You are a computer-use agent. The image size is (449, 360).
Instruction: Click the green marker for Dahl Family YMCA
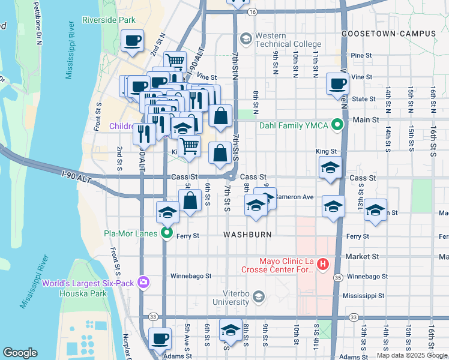pyautogui.click(x=338, y=125)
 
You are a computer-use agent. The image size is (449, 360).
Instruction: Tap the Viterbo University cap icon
pyautogui.click(x=258, y=296)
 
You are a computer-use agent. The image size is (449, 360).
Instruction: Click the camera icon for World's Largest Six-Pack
pyautogui.click(x=143, y=282)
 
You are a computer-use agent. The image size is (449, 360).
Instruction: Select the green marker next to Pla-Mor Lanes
pyautogui.click(x=167, y=233)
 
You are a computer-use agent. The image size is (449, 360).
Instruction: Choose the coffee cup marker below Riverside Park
pyautogui.click(x=132, y=41)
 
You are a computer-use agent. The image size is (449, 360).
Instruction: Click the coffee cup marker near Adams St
pyautogui.click(x=160, y=339)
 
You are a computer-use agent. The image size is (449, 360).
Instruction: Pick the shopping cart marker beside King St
pyautogui.click(x=189, y=145)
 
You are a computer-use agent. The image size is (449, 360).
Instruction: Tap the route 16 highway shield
pyautogui.click(x=253, y=12)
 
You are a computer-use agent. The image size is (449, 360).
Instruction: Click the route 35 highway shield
pyautogui.click(x=339, y=278)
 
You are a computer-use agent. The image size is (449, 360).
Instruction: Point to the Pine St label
pyautogui.click(x=362, y=55)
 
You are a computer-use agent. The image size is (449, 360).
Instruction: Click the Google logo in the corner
pyautogui.click(x=20, y=353)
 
